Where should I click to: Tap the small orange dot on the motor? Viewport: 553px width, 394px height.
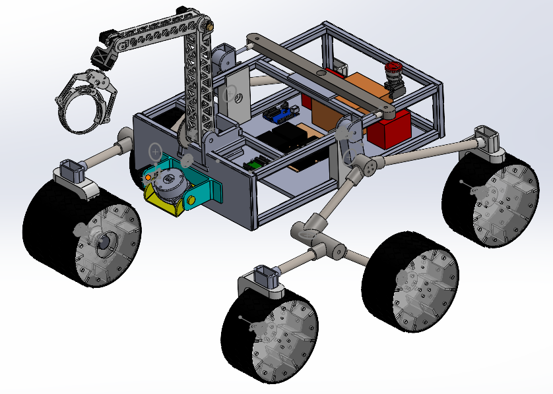(x=150, y=177)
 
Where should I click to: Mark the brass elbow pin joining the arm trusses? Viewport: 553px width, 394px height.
(x=211, y=26)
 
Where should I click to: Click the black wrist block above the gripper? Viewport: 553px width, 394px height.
(x=104, y=56)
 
